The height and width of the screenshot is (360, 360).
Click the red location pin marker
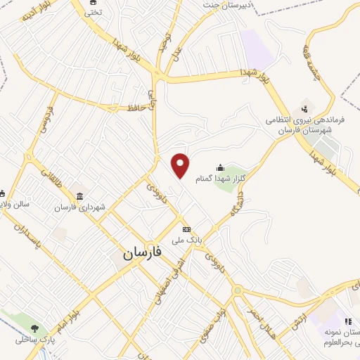pos(181,165)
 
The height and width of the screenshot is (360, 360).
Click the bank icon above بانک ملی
pos(186,229)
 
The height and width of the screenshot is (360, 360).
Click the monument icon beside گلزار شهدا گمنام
pos(220,167)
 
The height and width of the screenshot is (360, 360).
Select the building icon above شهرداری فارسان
pos(79,196)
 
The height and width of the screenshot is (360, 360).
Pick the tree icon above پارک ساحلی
pos(34,328)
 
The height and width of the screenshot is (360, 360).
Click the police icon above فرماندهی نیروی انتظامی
pos(304,108)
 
